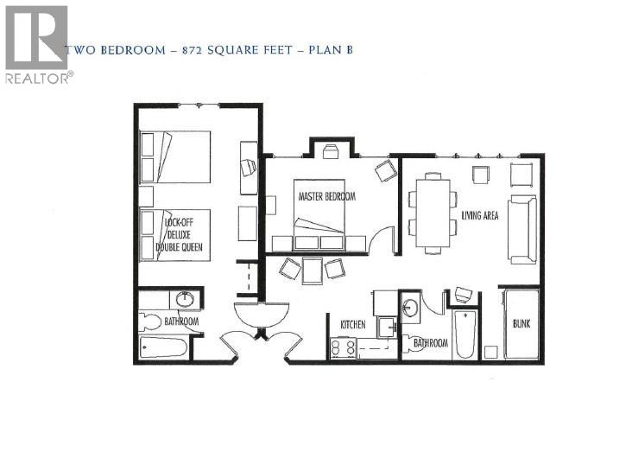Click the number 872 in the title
(x=193, y=50)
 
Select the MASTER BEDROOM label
(x=326, y=196)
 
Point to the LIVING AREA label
(x=480, y=215)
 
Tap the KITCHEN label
(x=352, y=324)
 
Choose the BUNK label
(x=521, y=324)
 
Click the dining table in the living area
(x=432, y=212)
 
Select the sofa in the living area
(x=522, y=229)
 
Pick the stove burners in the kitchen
(x=343, y=348)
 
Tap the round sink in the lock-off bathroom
(x=185, y=300)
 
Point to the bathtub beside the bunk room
(x=464, y=334)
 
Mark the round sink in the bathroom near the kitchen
(x=410, y=308)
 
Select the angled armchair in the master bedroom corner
(x=384, y=171)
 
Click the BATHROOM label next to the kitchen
(x=430, y=343)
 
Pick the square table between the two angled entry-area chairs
(x=312, y=270)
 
